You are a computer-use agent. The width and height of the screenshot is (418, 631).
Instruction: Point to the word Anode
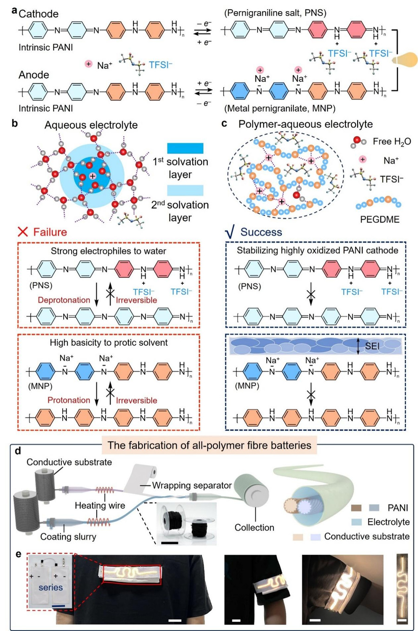tap(34, 74)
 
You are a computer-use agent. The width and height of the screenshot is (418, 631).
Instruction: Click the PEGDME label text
tap(380, 219)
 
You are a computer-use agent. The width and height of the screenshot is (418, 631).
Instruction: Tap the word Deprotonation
tap(64, 300)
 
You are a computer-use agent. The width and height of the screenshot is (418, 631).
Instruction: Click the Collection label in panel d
tap(254, 527)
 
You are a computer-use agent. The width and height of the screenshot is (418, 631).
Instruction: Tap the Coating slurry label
tap(68, 537)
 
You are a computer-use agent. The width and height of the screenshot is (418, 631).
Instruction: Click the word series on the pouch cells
tap(51, 587)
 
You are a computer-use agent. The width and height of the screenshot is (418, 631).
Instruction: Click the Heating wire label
tap(100, 505)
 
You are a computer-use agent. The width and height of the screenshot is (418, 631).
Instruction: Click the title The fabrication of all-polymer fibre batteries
tap(209, 445)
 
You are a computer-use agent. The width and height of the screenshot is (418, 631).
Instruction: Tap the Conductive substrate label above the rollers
tap(69, 462)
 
